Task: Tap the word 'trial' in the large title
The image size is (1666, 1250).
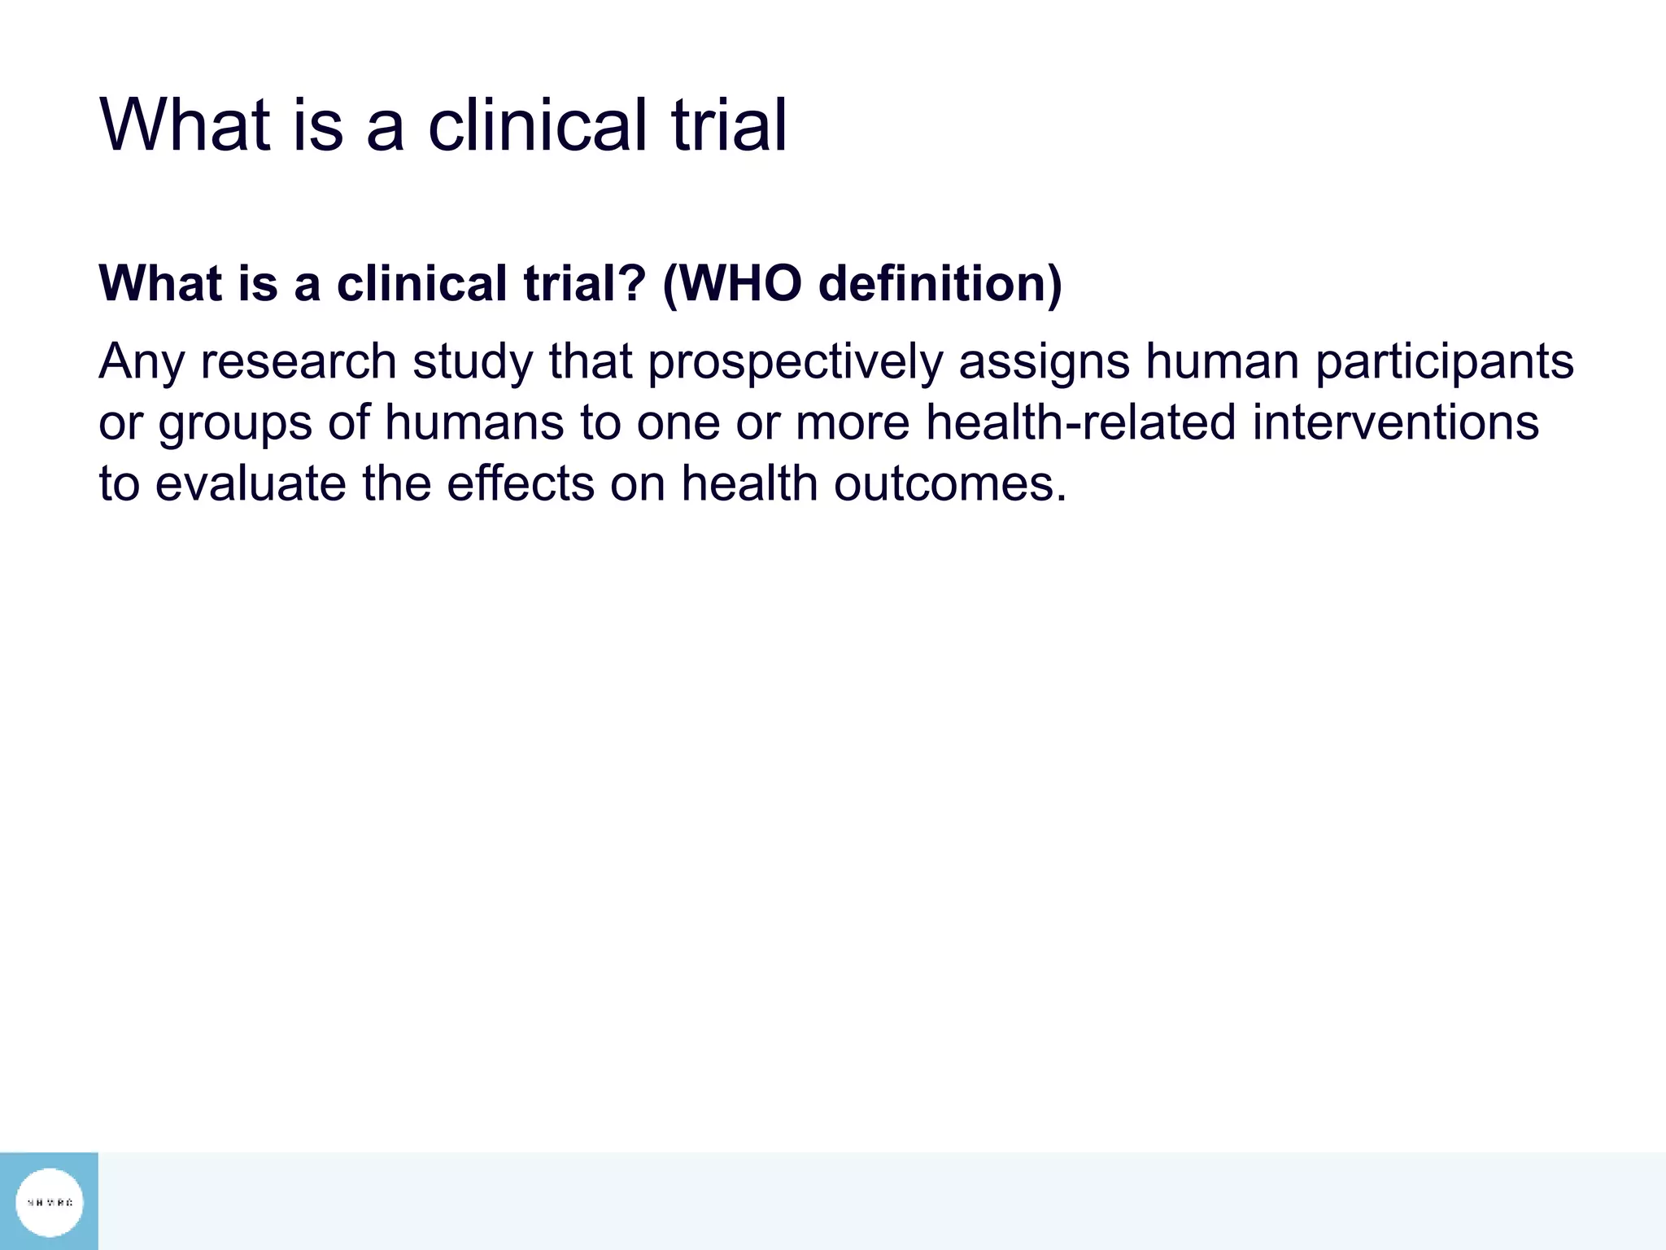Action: click(x=729, y=125)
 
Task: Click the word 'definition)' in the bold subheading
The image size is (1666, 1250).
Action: click(x=940, y=283)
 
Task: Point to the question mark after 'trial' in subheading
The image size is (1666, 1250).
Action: click(x=633, y=283)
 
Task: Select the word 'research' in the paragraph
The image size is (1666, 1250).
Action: click(x=298, y=361)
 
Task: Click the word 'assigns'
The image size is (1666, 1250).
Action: click(x=1044, y=361)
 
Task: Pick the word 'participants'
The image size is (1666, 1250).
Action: click(x=1444, y=361)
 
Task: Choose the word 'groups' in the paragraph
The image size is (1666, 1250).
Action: click(x=235, y=423)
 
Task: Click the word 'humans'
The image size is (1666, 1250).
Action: click(x=474, y=423)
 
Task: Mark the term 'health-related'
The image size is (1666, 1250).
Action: click(x=1080, y=423)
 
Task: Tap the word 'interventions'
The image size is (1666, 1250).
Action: click(x=1395, y=423)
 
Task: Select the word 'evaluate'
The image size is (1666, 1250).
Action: click(x=250, y=484)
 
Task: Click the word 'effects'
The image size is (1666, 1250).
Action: click(x=521, y=484)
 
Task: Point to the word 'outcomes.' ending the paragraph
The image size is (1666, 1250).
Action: click(x=949, y=484)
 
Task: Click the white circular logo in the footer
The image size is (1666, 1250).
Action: click(x=50, y=1202)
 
